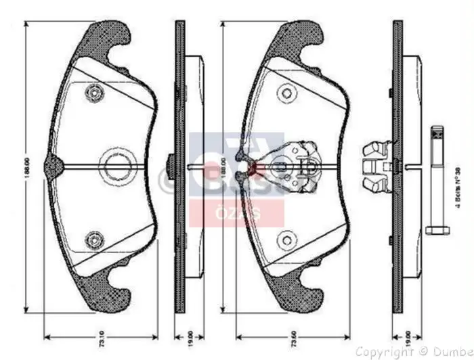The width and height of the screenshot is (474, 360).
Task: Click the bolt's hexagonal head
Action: pos(436,231)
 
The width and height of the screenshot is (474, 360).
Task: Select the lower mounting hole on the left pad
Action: pos(93,239)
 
